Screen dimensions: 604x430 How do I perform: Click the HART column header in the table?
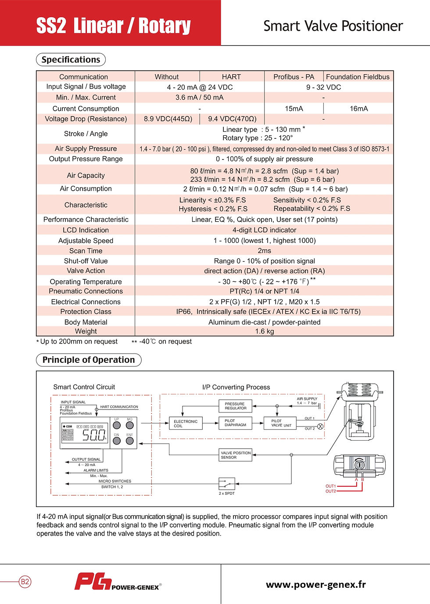pos(231,77)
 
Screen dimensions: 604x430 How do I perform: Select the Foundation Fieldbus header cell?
pos(358,77)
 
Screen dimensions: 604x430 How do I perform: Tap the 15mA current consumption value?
pos(294,109)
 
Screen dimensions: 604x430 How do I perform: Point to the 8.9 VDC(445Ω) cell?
pos(168,119)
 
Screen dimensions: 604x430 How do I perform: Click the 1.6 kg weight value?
pos(264,331)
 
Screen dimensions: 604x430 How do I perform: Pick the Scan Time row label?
pos(86,251)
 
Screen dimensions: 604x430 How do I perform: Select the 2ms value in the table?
pos(264,251)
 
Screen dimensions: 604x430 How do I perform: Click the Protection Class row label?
pos(86,311)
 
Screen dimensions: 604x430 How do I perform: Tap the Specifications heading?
pos(71,60)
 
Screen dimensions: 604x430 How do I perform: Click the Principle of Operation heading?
pos(89,360)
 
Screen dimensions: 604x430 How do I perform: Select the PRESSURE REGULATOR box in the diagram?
pos(235,406)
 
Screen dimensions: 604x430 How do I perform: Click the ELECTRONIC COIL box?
pos(186,423)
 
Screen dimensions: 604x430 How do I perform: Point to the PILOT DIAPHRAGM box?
pos(235,423)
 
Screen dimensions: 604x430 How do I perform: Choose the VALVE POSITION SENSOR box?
pos(236,455)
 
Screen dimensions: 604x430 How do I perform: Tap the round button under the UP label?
pos(117,425)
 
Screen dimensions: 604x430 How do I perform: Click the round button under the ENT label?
pos(130,441)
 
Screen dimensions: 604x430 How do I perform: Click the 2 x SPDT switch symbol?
pos(226,484)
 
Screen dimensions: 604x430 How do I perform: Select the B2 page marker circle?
pos(25,582)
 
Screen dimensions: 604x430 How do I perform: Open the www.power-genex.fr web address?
pos(316,585)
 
